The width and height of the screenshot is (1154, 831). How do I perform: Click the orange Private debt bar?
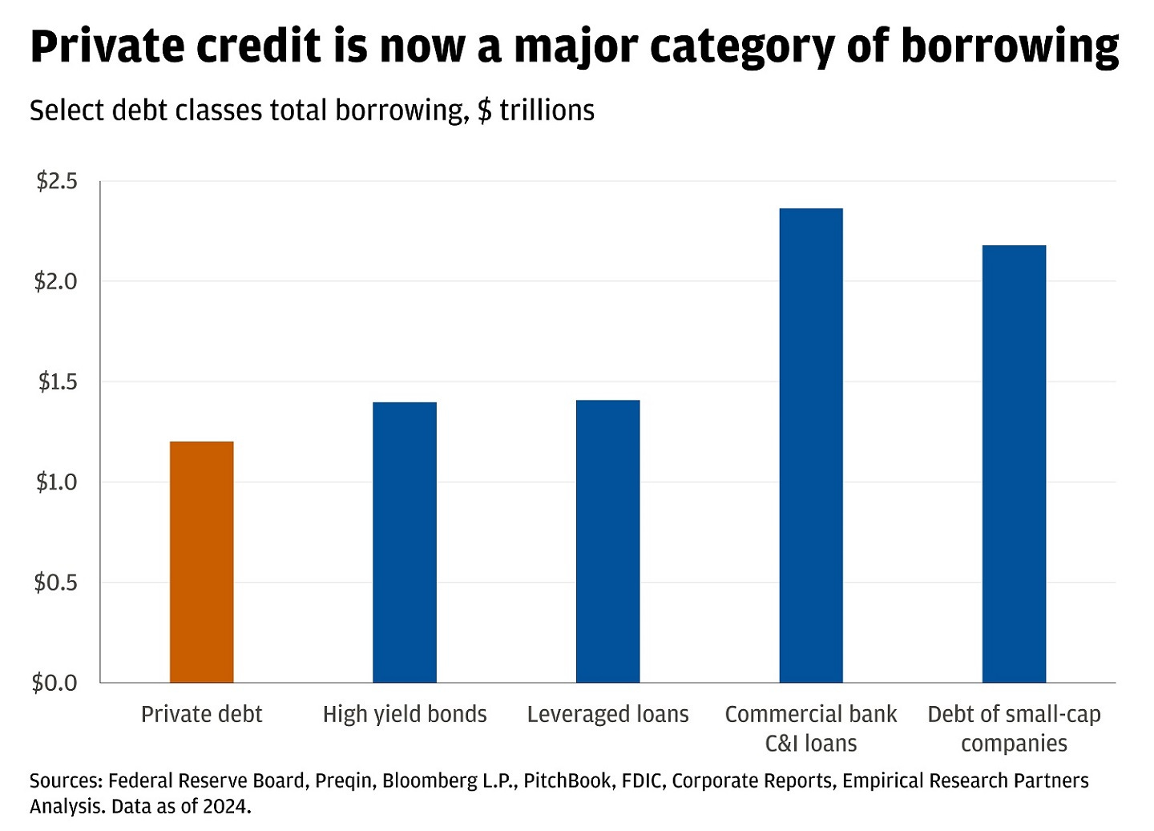coord(201,562)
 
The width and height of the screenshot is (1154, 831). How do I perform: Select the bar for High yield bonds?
coord(405,542)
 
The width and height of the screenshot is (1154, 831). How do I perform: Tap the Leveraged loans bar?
coord(607,541)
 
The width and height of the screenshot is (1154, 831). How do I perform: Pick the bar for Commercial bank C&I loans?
coord(811,446)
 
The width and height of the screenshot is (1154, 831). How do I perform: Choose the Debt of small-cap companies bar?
coord(1014,464)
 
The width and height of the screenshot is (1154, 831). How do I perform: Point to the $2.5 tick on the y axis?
coord(56,182)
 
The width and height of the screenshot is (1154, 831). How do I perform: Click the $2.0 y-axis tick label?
coord(56,282)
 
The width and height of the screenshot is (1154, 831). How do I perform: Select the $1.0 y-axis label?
coord(56,482)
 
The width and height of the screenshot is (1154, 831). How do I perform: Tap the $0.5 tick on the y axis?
coord(56,583)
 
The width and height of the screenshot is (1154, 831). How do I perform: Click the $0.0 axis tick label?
coord(54,683)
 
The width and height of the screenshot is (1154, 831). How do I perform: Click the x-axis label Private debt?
coord(201,714)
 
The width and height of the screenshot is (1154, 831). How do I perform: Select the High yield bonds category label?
coord(405,714)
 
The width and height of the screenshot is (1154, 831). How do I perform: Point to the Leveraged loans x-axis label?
coord(607,714)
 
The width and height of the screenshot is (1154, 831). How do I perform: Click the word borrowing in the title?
coord(1010,47)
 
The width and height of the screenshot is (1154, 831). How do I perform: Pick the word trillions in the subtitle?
coord(547,111)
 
